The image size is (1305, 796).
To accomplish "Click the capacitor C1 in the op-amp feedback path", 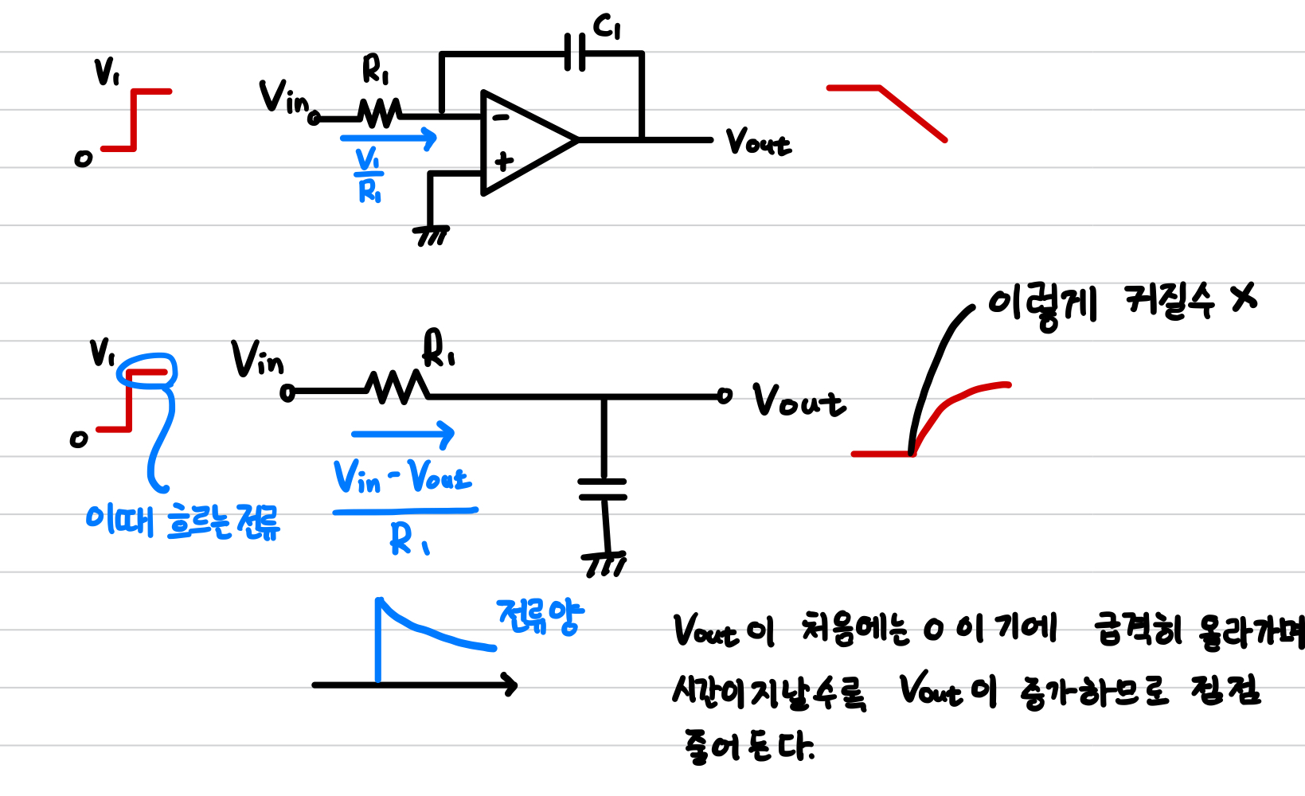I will point(574,53).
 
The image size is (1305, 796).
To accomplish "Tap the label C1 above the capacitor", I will point(607,27).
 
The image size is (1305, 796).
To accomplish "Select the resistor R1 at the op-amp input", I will point(380,113).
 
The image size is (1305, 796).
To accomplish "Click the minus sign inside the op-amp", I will point(501,118).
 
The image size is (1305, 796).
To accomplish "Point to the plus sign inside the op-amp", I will point(504,162).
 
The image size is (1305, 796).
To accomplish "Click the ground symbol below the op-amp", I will point(432,236).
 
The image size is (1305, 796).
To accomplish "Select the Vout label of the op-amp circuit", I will point(758,143).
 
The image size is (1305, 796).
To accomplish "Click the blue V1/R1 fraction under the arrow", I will point(369,175).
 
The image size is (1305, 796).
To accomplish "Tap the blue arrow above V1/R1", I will point(389,139).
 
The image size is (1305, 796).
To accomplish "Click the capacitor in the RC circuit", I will point(603,489).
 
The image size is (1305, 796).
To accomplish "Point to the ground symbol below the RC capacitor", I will point(605,564).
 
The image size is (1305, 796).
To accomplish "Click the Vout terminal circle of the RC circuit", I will point(724,396).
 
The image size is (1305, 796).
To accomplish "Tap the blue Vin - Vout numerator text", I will point(402,478).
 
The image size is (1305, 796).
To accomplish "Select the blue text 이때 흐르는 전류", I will point(182,522).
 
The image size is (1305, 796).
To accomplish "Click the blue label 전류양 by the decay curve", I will point(540,616).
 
